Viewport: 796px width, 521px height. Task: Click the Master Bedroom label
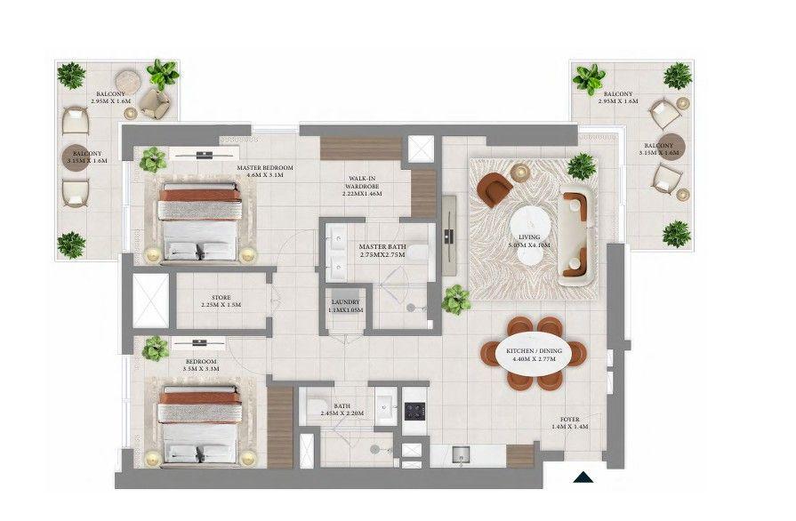260,171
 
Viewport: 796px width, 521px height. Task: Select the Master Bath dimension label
382,251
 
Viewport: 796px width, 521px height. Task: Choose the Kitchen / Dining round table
536,354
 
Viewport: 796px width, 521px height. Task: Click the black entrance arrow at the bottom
582,477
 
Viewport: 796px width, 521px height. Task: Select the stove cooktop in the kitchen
415,412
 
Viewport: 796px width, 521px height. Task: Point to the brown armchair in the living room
494,188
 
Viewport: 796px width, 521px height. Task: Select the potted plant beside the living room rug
456,299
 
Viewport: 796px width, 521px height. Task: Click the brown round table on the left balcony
76,157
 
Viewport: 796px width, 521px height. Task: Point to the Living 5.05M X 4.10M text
529,240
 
